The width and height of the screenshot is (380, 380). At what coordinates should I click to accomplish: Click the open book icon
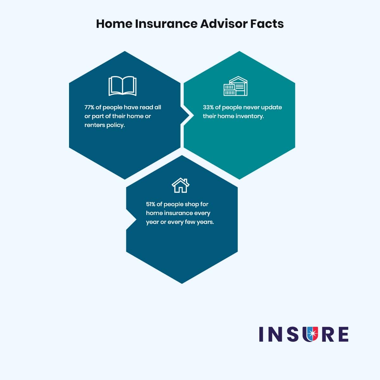[122, 86]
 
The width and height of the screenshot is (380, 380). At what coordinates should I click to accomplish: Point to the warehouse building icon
[235, 86]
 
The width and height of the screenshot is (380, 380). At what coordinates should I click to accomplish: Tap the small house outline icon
[180, 185]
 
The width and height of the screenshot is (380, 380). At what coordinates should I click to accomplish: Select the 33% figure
[208, 107]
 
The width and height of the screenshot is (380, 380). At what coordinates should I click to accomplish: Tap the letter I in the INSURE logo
[262, 334]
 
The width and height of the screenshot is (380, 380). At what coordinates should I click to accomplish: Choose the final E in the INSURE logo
[343, 334]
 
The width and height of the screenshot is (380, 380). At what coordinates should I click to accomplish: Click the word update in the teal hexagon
[271, 107]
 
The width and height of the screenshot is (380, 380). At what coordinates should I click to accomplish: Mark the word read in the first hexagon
[147, 107]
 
